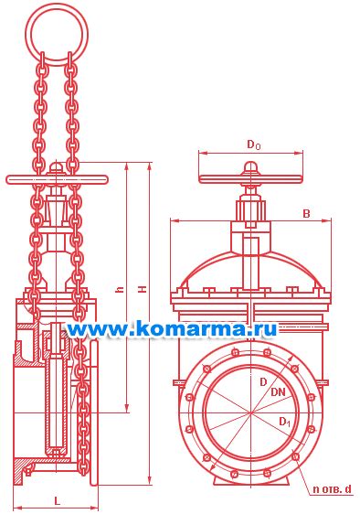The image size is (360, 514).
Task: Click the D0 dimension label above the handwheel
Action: pos(253,145)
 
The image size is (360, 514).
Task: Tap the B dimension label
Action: pos(306,214)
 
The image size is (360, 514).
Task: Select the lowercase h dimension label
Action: pos(121,289)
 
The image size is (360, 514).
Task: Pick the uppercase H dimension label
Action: pos(143,289)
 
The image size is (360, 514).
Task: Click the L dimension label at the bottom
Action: pos(58,501)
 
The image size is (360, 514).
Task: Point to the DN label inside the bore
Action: pos(278,391)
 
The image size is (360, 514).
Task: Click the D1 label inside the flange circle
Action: pos(284,422)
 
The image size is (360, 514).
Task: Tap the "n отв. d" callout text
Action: pos(332,489)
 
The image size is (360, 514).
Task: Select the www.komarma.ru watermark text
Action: pos(172,328)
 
